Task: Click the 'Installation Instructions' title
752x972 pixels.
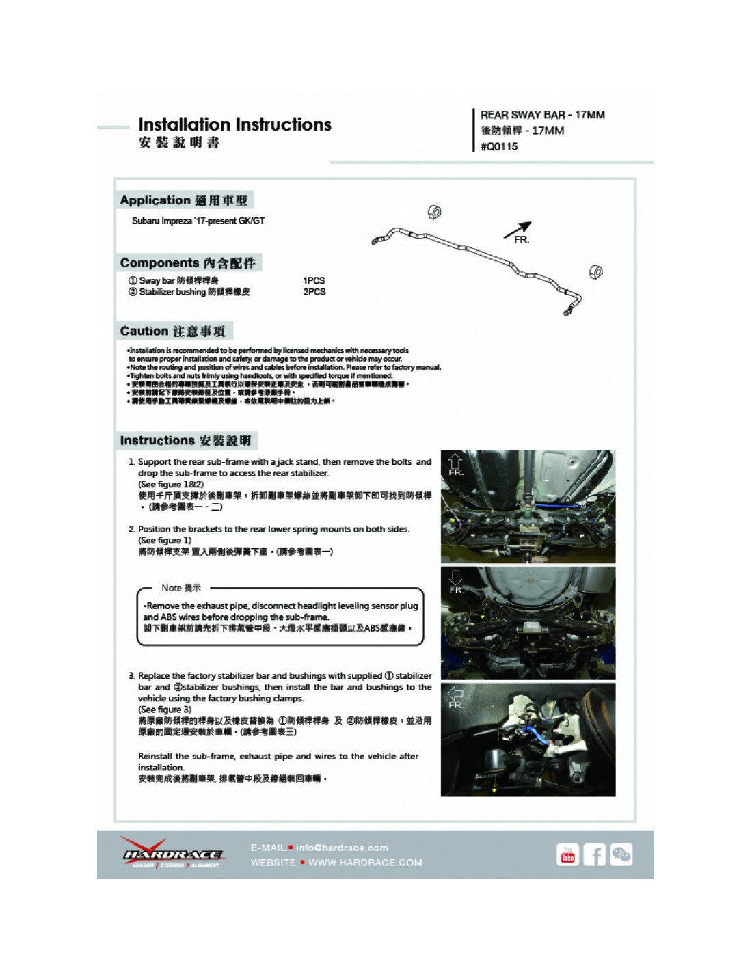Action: [234, 124]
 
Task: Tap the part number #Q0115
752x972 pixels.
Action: [499, 146]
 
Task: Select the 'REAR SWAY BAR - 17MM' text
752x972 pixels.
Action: [542, 115]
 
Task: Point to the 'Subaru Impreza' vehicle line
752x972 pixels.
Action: [198, 221]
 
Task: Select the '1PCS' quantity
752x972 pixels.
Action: [314, 280]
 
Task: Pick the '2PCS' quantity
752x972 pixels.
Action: [314, 292]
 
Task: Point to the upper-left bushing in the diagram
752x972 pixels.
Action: [433, 212]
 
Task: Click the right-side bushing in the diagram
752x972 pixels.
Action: [595, 271]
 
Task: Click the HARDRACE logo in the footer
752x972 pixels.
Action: [172, 854]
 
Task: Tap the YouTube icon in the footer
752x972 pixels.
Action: [567, 854]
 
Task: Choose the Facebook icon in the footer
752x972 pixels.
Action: [594, 854]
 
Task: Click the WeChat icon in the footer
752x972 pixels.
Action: [621, 854]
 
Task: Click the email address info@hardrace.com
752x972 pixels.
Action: [341, 848]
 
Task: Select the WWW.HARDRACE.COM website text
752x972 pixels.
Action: [365, 863]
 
